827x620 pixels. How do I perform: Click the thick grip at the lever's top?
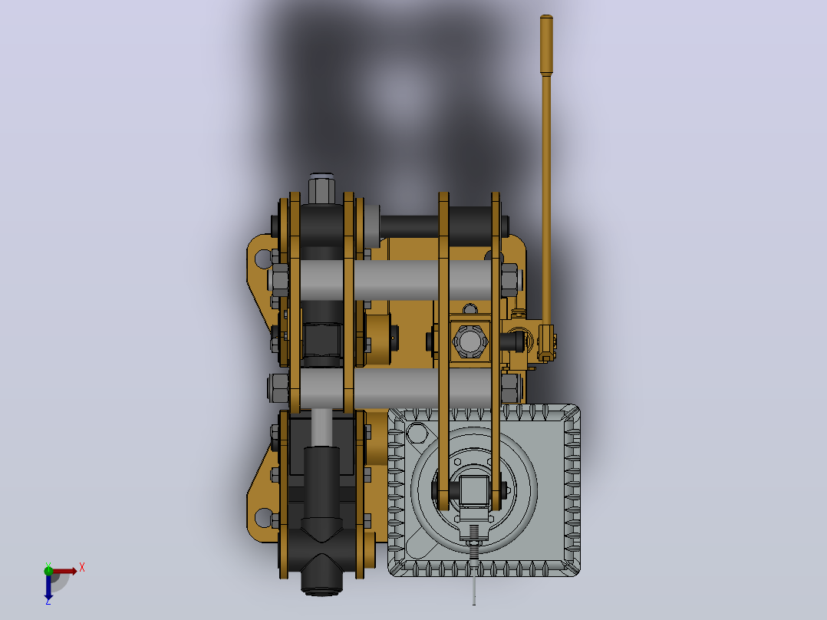546,45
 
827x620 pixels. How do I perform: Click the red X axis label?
82,568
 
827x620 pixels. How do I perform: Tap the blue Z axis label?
48,601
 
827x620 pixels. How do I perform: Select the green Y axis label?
48,566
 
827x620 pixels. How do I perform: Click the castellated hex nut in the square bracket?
470,341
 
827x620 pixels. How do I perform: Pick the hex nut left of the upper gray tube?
278,279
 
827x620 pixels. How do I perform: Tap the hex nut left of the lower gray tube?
278,388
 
